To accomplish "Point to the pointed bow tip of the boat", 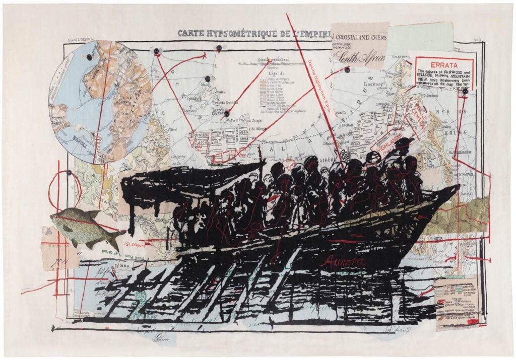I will click(457, 187).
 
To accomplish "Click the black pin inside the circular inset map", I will click(89, 57).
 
